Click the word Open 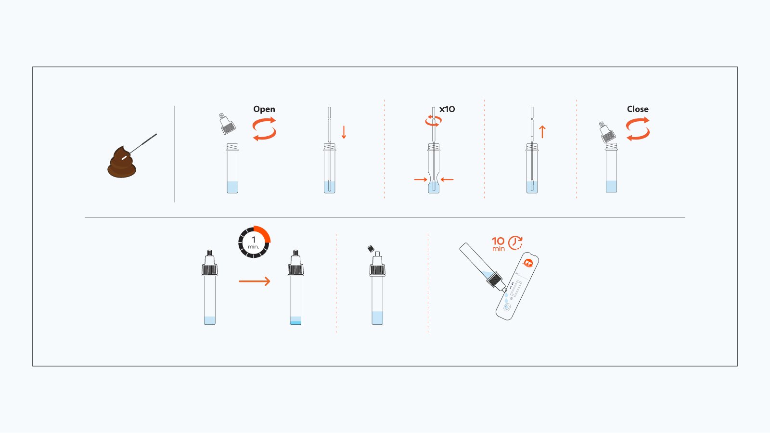[x=264, y=109]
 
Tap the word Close [x=638, y=109]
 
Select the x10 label [x=447, y=109]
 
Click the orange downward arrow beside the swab [x=344, y=132]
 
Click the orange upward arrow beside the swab [x=542, y=132]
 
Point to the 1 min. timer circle [x=254, y=242]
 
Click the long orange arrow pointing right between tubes [x=255, y=281]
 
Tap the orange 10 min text [x=498, y=243]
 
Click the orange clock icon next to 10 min [x=515, y=242]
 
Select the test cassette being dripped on [x=517, y=287]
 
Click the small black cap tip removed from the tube [x=371, y=249]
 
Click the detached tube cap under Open [x=227, y=124]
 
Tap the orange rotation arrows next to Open [x=264, y=128]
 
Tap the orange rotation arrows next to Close [x=638, y=129]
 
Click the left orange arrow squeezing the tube [x=421, y=179]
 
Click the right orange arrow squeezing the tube [x=447, y=179]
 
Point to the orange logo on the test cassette [x=528, y=263]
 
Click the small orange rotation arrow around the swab [x=433, y=121]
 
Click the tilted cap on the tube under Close [x=607, y=133]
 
